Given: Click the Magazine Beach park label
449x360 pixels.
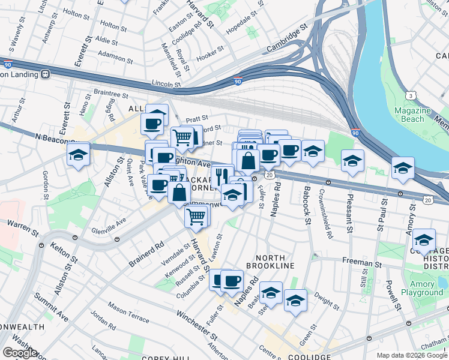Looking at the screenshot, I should [414, 115].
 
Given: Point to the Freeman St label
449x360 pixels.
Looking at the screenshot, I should [362, 262].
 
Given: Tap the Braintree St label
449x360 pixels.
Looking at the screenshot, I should [110, 94].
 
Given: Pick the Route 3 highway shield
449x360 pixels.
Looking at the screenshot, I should [411, 96].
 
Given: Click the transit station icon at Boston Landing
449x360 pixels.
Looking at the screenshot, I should [45, 74].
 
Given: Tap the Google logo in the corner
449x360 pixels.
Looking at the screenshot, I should [20, 353].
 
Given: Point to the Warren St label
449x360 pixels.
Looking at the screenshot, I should [18, 223].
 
